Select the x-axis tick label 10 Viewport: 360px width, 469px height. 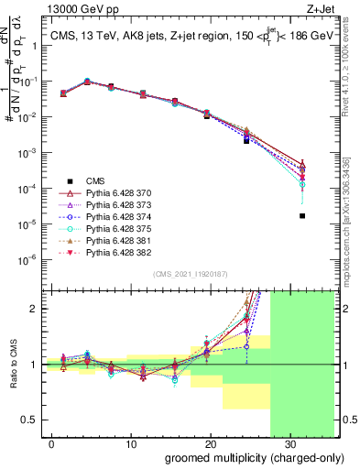click(x=130, y=442)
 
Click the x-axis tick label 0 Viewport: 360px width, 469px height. click(x=52, y=442)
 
